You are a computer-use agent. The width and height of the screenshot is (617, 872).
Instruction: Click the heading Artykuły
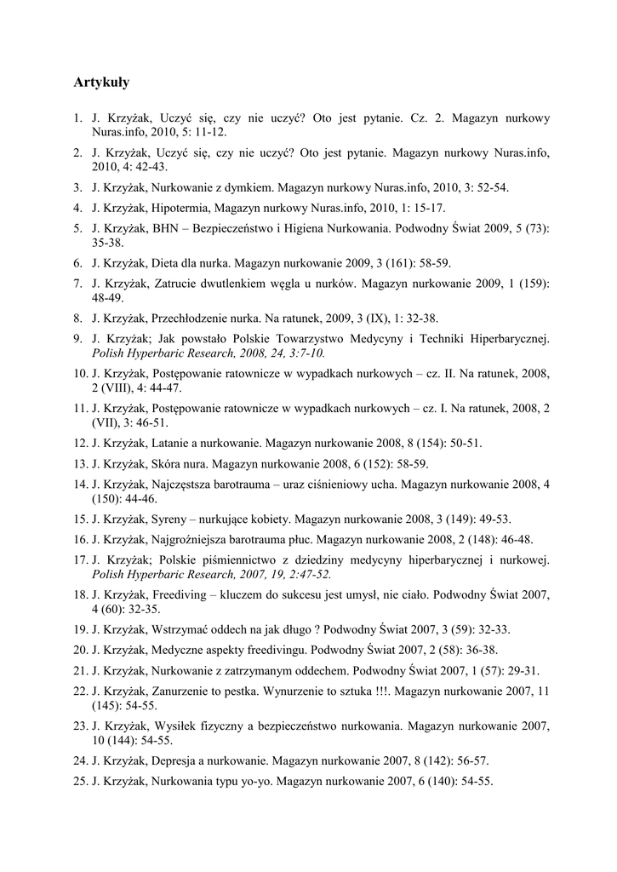pyautogui.click(x=101, y=83)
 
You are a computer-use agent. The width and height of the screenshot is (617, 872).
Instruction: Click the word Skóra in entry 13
pyautogui.click(x=167, y=463)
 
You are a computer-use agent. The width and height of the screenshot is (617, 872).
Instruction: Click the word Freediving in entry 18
pyautogui.click(x=179, y=595)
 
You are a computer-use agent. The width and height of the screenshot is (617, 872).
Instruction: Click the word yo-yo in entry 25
pyautogui.click(x=256, y=782)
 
